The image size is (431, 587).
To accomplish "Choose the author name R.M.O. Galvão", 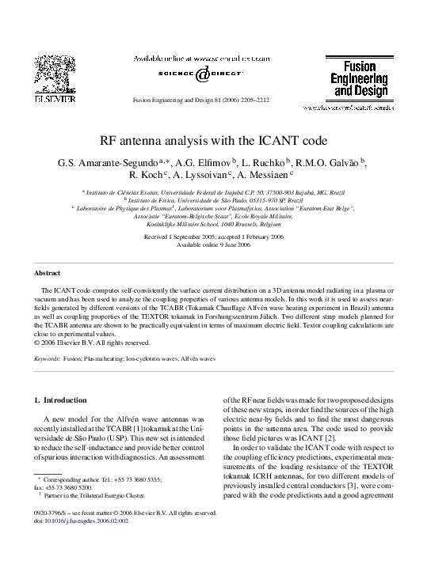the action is [x=330, y=162].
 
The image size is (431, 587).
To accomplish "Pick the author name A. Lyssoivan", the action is [x=208, y=176].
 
